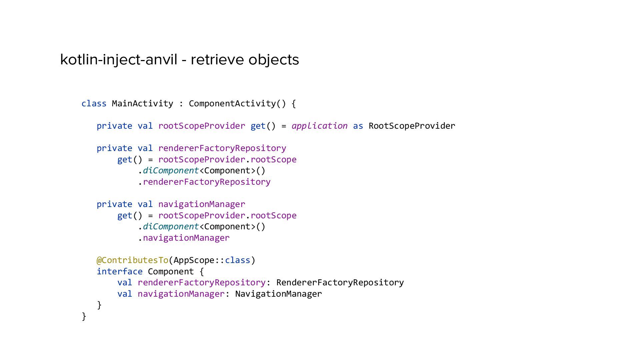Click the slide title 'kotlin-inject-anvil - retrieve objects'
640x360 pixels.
[179, 60]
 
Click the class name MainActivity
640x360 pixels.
[142, 104]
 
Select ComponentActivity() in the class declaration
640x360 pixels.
[237, 104]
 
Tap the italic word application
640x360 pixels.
[319, 126]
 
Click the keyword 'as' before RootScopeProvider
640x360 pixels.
[358, 126]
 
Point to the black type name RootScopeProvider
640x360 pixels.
[412, 126]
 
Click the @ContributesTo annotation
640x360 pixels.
[132, 260]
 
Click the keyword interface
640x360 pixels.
[119, 272]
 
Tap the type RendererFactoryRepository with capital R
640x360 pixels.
[340, 283]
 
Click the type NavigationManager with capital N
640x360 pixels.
[278, 294]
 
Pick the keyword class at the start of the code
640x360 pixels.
[94, 104]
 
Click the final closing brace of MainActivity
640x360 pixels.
[84, 316]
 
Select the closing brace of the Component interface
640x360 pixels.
[99, 305]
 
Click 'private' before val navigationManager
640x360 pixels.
[114, 204]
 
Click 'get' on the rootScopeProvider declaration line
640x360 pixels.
[258, 126]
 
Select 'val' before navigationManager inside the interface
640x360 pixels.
[125, 294]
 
